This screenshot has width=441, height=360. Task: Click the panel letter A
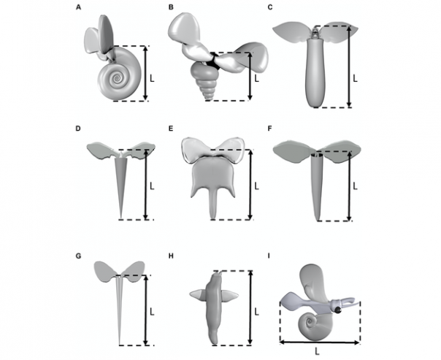pyautogui.click(x=79, y=7)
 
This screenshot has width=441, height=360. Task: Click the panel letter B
pyautogui.click(x=171, y=7)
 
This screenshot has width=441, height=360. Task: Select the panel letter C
pyautogui.click(x=271, y=7)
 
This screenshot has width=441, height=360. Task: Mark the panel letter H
pyautogui.click(x=170, y=255)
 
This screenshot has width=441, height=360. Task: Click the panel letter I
pyautogui.click(x=271, y=255)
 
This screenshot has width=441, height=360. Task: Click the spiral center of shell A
pyautogui.click(x=115, y=75)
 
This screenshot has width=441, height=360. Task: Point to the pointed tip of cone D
pyautogui.click(x=120, y=217)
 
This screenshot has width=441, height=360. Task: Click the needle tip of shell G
pyautogui.click(x=120, y=342)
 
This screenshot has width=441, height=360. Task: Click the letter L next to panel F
pyautogui.click(x=356, y=187)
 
